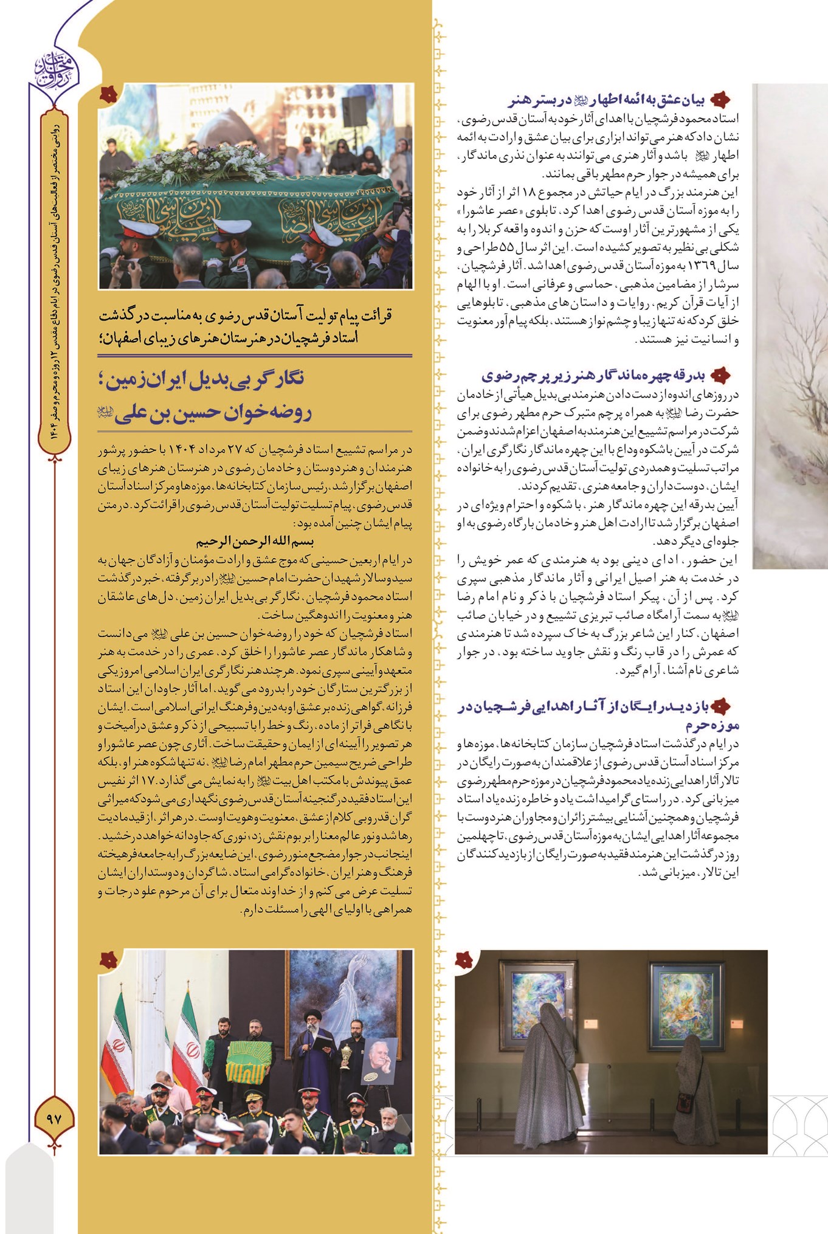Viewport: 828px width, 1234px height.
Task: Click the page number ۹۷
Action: pos(54,1118)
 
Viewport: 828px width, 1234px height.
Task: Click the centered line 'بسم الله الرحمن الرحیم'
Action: pos(255,541)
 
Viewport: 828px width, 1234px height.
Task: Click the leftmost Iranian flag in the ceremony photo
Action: pos(117,1049)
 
